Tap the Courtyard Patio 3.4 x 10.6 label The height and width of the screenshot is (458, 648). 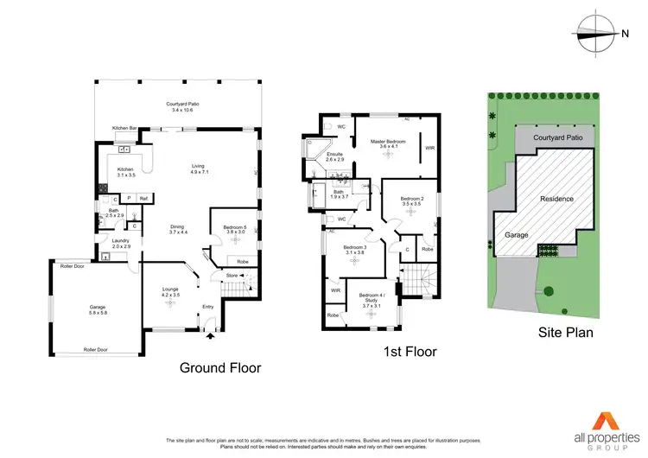click(181, 108)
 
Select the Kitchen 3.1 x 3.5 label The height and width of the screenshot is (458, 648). click(125, 172)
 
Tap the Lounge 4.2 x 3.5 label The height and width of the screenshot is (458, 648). click(169, 294)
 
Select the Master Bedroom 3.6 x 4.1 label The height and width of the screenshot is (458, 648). click(388, 144)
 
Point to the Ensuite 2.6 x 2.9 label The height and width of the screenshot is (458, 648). click(334, 156)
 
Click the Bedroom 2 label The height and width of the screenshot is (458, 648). click(412, 201)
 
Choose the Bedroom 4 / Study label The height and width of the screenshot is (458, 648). click(372, 298)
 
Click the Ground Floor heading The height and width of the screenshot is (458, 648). click(219, 367)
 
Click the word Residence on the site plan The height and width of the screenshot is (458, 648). click(556, 199)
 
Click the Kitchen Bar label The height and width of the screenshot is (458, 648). click(124, 128)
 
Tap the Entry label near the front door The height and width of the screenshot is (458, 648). click(207, 307)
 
